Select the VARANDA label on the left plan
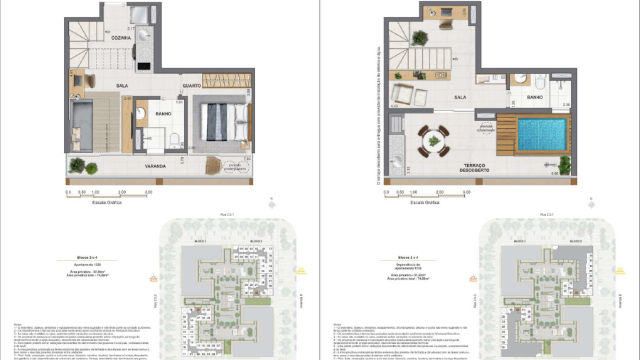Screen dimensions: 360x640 point(154,165)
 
